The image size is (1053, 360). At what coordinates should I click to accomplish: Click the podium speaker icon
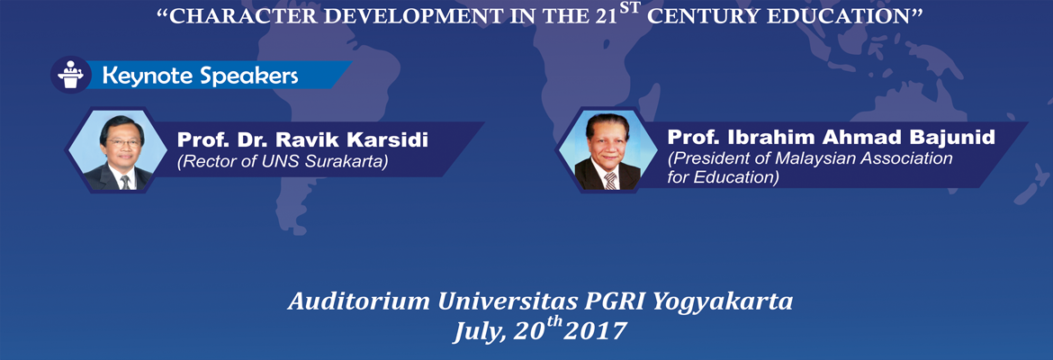tap(70, 75)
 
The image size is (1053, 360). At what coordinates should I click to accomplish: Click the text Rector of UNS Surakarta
tap(282, 163)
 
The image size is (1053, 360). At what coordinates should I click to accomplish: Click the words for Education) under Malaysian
tap(724, 178)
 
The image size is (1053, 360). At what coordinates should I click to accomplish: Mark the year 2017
tap(595, 332)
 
